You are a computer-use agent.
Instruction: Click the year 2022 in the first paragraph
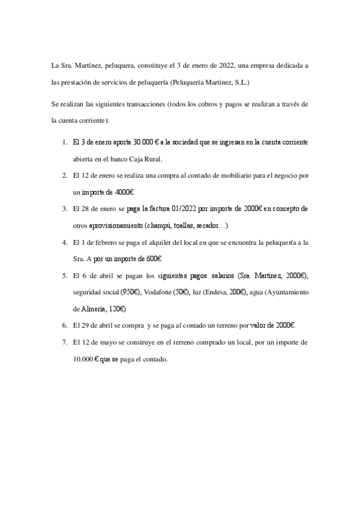[224, 65]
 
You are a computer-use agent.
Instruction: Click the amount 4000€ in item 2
[124, 192]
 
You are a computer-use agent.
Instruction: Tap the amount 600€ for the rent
[151, 258]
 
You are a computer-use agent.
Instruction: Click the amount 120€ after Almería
[113, 308]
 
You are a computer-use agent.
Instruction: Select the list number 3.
[64, 209]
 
